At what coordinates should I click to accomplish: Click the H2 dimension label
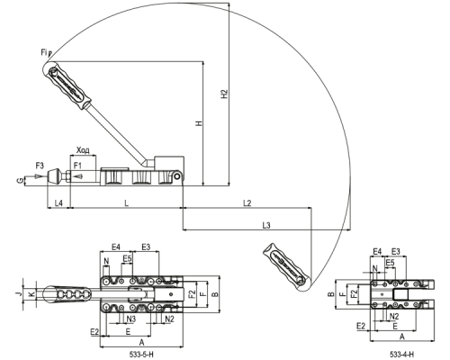(x=225, y=94)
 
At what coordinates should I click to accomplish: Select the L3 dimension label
(x=266, y=225)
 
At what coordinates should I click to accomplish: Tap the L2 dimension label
(x=247, y=203)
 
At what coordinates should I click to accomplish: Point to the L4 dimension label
(x=58, y=203)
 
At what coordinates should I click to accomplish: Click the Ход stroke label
(x=83, y=150)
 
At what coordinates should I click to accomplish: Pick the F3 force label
(x=40, y=166)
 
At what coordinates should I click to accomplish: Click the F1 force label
(x=77, y=166)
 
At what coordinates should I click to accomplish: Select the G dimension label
(x=20, y=180)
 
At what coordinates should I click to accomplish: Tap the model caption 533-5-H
(x=141, y=355)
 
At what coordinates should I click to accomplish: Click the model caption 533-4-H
(x=402, y=355)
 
